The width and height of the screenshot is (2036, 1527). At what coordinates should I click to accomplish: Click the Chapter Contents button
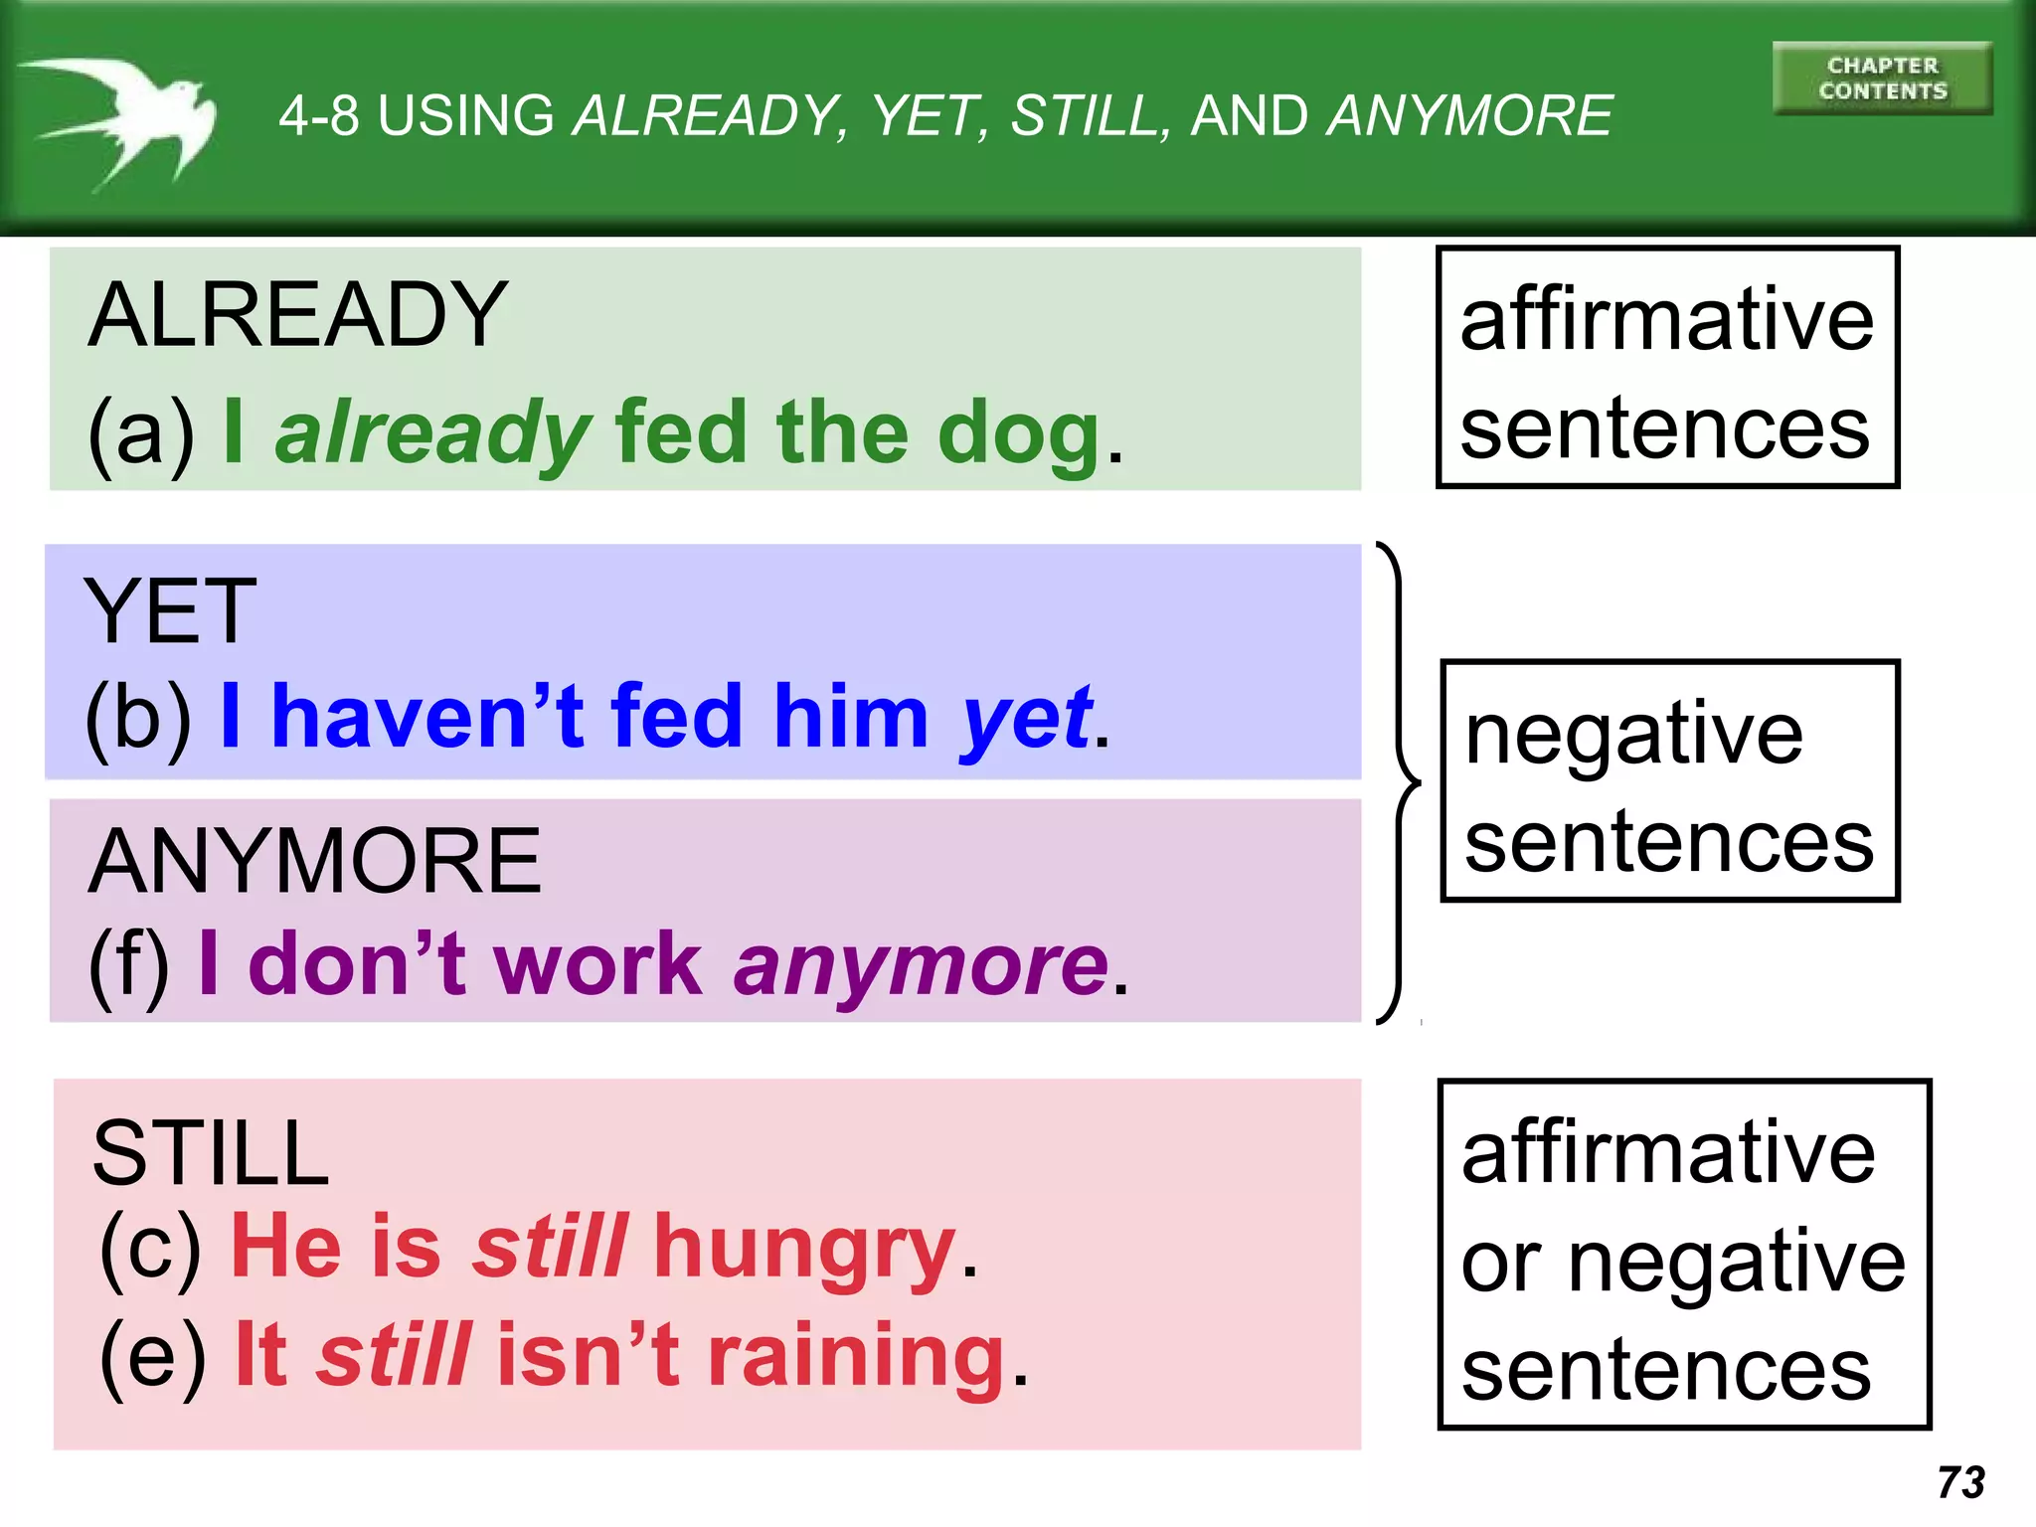click(1882, 79)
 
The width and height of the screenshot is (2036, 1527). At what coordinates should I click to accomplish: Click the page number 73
click(1960, 1482)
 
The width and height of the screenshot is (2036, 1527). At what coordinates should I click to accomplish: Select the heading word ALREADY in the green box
click(297, 315)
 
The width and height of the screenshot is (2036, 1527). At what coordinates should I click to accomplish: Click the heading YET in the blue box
click(170, 612)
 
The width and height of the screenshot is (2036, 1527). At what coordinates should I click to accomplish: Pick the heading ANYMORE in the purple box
click(314, 862)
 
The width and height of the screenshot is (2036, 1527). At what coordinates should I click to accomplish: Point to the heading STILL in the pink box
click(210, 1153)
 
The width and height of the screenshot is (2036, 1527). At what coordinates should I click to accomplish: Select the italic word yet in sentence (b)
click(1026, 718)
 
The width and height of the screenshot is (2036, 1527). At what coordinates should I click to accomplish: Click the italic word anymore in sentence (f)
click(921, 964)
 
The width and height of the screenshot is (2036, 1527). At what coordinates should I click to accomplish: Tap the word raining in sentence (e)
click(857, 1357)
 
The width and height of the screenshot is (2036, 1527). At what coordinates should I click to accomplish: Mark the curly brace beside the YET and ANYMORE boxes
click(1400, 782)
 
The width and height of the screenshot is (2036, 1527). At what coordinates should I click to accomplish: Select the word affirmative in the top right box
click(1666, 320)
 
